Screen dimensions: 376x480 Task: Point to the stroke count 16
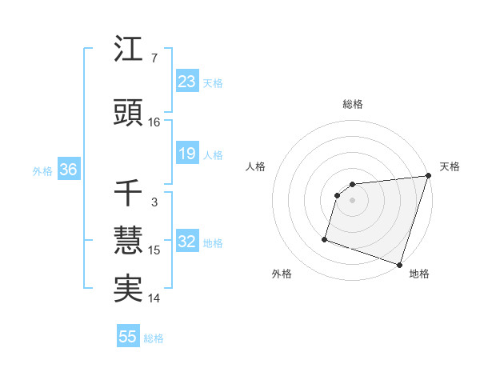pos(154,122)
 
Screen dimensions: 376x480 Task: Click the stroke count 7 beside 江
pos(154,58)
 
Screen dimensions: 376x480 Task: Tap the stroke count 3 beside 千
pos(154,202)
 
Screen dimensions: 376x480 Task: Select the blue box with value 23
pos(186,81)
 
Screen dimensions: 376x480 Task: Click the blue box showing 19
pos(186,154)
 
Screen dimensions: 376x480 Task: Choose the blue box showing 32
pos(186,242)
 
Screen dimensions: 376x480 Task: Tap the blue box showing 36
pos(67,170)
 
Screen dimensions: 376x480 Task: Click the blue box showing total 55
pos(128,337)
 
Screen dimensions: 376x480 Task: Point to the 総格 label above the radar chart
pos(352,104)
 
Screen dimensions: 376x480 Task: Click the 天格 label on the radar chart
pos(450,166)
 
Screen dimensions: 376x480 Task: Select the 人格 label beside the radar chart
pos(256,166)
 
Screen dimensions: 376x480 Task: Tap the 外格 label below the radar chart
pos(282,274)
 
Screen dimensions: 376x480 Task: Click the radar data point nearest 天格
pos(429,176)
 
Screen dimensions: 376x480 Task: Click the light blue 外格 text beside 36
pos(42,171)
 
